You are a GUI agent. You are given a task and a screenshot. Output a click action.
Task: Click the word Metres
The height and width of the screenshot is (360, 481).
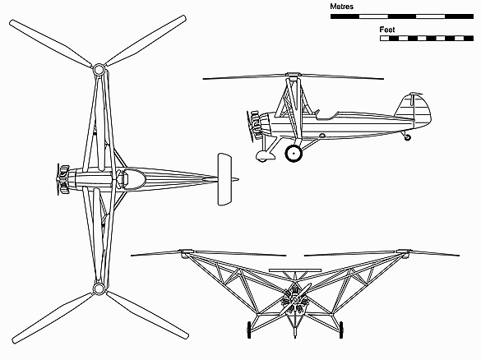point(341,7)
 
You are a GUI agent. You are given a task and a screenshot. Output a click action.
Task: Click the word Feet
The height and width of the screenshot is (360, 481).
point(387,30)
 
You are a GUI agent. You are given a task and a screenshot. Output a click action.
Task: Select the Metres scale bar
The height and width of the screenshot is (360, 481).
point(402,16)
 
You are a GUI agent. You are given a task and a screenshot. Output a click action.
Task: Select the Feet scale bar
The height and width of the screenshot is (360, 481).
point(427,39)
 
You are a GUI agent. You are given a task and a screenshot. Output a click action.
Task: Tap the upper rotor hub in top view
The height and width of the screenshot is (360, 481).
point(99,70)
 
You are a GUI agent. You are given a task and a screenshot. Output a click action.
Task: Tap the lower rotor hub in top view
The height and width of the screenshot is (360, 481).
point(99,288)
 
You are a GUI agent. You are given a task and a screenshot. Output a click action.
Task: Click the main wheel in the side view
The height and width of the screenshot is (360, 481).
point(294,153)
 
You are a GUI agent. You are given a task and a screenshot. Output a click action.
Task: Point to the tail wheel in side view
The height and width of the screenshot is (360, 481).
point(407,137)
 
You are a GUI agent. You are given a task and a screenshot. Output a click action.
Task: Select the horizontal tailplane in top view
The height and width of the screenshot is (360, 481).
point(224,179)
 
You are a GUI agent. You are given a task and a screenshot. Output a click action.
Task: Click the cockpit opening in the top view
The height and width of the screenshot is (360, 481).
point(134,178)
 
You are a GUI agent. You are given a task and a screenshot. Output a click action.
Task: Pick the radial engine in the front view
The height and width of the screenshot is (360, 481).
point(294,299)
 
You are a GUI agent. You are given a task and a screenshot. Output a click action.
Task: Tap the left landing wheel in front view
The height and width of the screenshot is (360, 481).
point(249,330)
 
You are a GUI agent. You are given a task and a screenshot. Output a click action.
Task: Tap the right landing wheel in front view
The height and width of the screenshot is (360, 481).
point(341,330)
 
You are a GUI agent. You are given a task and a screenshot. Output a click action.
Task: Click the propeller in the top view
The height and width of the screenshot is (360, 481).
point(58,179)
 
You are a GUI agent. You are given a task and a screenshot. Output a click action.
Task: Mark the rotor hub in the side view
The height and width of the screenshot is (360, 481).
point(293,75)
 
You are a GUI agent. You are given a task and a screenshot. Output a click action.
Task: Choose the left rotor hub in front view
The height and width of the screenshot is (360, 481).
point(187,252)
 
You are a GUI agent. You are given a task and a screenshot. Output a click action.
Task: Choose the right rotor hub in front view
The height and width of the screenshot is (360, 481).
point(403,252)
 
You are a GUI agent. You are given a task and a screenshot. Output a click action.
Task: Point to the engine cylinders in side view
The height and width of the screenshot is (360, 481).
point(255,126)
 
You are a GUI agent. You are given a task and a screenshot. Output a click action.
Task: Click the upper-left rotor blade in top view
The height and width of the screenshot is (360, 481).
point(51,43)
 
